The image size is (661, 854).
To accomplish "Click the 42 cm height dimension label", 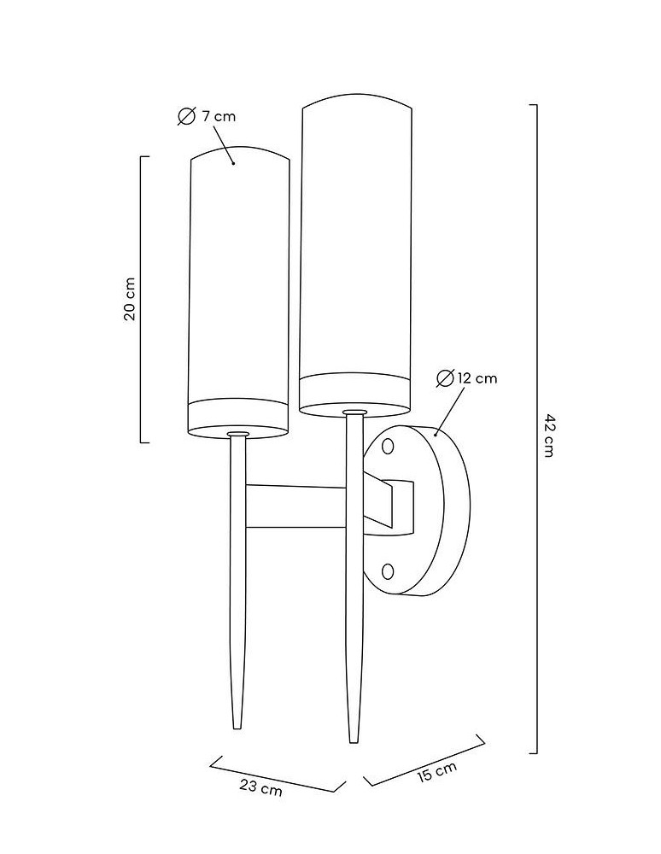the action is pos(549,436).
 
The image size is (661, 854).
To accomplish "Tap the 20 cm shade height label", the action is pos(130,299).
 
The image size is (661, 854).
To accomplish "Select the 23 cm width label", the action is pos(260,787).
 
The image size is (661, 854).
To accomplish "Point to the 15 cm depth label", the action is pos(437,772).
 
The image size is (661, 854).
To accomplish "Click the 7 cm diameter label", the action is pos(219,116).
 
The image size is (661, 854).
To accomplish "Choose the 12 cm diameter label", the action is pos(477,378).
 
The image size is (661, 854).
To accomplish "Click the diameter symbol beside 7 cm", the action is pos(186,116).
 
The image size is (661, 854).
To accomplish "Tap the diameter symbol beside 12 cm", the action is pos(445,378).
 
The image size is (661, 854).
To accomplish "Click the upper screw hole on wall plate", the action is pos(388,447).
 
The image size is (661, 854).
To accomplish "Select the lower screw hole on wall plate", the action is pos(388,571).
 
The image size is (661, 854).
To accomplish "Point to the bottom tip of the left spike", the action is pos(237,728).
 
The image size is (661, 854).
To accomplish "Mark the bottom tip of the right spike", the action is pos(354,742).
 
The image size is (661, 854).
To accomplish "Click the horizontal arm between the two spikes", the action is pos(295,506).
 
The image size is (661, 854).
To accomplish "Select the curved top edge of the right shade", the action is pos(357,100).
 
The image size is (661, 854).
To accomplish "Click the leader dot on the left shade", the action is pos(234,163).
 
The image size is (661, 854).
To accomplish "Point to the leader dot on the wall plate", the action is pos(436,435).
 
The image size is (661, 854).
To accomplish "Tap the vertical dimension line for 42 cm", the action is pos(537,429).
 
